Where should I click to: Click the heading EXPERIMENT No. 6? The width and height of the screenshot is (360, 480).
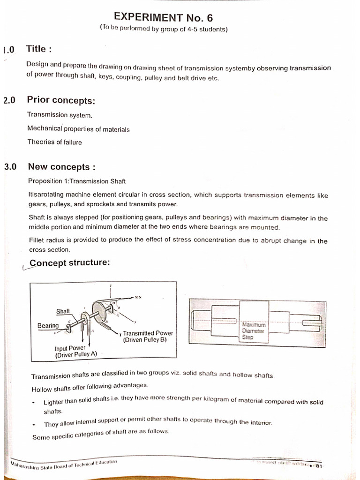click(x=164, y=18)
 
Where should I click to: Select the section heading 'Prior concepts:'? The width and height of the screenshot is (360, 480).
click(x=61, y=100)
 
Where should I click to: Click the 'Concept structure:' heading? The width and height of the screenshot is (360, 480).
click(x=70, y=262)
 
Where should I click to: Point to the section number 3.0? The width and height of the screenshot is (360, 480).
click(x=10, y=167)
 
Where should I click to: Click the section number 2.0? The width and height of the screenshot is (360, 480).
click(x=9, y=100)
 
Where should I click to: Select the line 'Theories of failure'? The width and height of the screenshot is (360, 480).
click(x=54, y=142)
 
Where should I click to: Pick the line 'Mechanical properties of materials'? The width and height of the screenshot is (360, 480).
click(x=78, y=129)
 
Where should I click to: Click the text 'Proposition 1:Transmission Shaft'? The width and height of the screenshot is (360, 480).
click(x=77, y=181)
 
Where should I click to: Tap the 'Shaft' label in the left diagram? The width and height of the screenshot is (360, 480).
click(x=63, y=311)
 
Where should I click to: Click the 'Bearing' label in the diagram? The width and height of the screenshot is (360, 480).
click(x=48, y=325)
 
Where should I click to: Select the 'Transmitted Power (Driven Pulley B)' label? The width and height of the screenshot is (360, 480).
click(x=147, y=337)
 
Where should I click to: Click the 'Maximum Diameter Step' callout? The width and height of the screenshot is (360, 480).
click(x=254, y=330)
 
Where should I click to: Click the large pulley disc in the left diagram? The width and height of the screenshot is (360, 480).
click(x=99, y=310)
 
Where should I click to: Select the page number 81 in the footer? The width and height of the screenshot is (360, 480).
click(x=319, y=465)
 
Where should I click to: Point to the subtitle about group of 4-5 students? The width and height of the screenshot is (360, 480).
click(x=164, y=29)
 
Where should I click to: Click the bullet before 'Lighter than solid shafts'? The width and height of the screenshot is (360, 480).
click(x=34, y=403)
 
